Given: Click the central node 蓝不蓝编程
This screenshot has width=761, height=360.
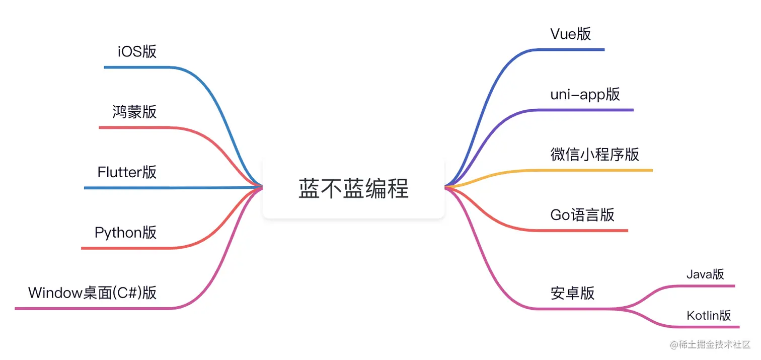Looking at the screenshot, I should (353, 188).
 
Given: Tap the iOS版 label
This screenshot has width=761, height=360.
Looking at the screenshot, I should (137, 51).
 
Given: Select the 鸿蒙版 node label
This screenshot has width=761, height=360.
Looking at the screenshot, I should (134, 112).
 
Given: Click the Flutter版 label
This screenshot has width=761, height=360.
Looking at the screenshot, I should (127, 172).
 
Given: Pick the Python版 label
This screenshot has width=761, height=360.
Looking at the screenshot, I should (125, 233).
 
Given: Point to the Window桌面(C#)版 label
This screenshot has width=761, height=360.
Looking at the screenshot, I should (92, 293).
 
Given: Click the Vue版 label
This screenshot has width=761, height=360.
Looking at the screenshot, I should (571, 34).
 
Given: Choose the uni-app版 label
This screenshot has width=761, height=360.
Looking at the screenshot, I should (585, 94).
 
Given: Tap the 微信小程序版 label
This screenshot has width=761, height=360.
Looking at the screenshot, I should (594, 154).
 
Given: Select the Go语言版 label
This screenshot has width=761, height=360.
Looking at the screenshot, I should (582, 214).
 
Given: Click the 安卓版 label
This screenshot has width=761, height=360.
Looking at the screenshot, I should (572, 293).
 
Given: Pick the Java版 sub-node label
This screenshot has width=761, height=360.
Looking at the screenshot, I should (705, 274).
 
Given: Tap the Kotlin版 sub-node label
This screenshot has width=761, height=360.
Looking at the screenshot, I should (709, 316).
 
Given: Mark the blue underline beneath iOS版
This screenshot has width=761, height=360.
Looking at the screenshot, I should (136, 67).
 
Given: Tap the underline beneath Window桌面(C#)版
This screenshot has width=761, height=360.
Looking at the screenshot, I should (91, 308).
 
